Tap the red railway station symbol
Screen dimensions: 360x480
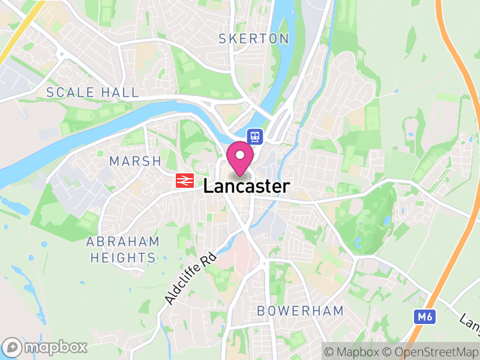pos(184,181)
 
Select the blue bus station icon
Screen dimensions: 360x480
pos(256,137)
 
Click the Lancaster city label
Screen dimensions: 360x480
pos(246,187)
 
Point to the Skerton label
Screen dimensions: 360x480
pos(254,39)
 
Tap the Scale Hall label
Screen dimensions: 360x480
pos(92,92)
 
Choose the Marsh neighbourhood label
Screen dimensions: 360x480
pos(136,161)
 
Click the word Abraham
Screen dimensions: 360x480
pos(123,242)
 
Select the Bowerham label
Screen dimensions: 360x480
pos(300,311)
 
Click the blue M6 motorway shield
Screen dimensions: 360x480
pos(424,315)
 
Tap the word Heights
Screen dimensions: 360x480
pos(123,258)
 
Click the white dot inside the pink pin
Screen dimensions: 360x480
pos(240,155)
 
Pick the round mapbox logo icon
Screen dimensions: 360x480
pos(11,347)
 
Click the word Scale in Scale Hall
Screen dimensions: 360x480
pos(70,92)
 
